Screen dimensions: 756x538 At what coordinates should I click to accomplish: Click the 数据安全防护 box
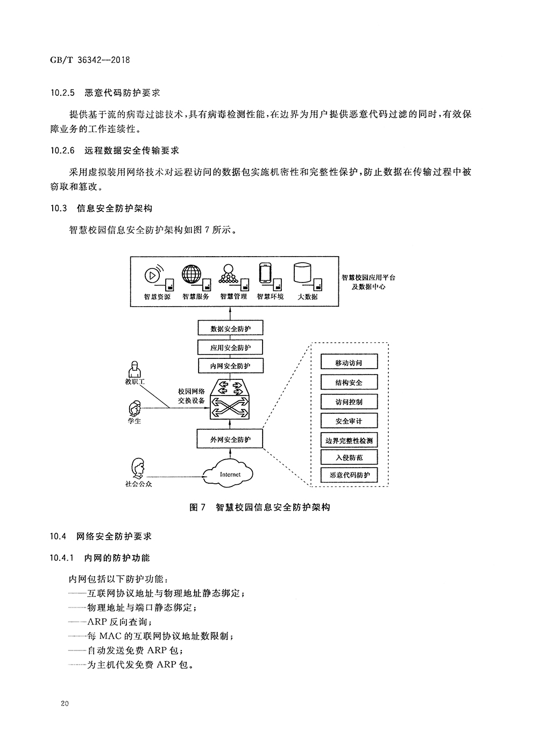230,328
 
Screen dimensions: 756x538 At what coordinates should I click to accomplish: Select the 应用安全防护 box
230,348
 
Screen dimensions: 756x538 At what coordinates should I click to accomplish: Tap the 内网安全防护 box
230,366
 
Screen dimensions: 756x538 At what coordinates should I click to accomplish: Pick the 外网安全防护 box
230,440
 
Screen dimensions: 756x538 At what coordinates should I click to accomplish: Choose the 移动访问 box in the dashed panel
349,363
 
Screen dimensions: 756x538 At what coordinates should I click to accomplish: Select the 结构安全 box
349,383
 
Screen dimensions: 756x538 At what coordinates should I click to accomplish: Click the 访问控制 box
349,402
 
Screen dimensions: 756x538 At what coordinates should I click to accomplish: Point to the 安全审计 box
349,421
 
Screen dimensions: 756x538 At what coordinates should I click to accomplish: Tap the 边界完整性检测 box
349,441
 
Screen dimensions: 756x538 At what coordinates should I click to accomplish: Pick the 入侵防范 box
349,457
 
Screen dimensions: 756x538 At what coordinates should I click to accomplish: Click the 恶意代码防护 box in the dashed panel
349,475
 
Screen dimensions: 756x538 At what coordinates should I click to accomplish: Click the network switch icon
230,400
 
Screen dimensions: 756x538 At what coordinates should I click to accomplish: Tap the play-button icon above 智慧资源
152,275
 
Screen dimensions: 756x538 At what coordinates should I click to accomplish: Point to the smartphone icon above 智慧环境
265,273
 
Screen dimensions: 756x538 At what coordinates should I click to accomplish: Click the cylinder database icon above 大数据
303,273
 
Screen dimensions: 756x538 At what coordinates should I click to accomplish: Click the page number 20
65,704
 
